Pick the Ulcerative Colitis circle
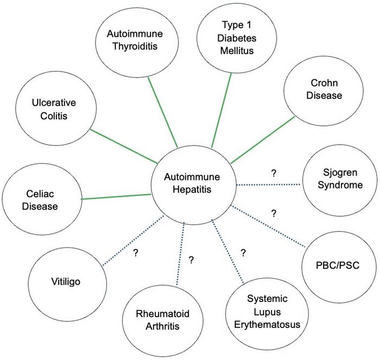click(x=47, y=110)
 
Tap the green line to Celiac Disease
click(x=115, y=196)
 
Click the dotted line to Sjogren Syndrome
click(x=268, y=185)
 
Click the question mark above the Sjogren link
click(x=274, y=173)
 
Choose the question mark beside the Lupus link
click(x=243, y=252)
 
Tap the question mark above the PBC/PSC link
click(x=274, y=213)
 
